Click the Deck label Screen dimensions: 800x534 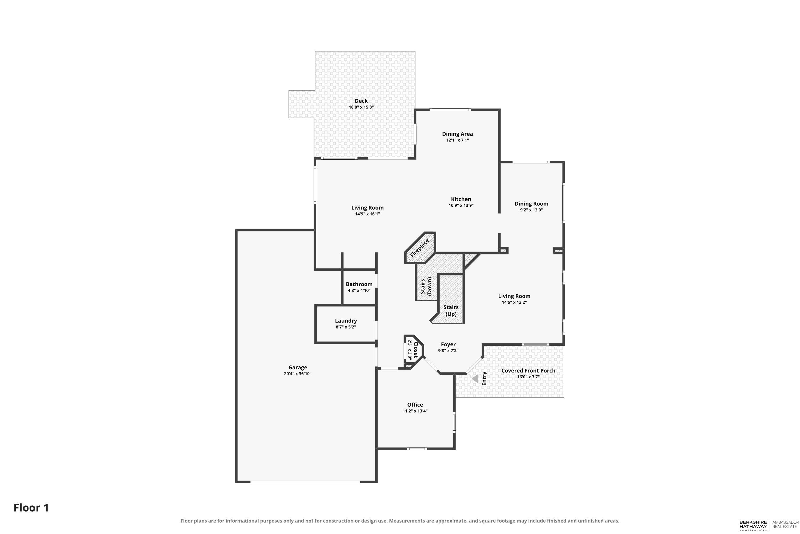click(361, 101)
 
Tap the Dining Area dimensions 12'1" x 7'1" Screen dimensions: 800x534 click(458, 140)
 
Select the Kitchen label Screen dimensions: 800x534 click(461, 199)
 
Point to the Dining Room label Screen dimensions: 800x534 click(531, 204)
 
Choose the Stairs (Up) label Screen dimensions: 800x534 click(451, 311)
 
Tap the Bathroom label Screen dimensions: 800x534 click(359, 284)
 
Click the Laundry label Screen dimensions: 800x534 click(346, 321)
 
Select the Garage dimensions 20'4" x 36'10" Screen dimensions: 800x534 click(298, 374)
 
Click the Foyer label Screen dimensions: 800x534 click(448, 344)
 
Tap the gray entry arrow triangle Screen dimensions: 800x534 click(475, 379)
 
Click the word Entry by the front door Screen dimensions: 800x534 click(484, 378)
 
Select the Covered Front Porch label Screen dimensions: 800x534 click(528, 371)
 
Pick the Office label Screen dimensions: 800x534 click(415, 405)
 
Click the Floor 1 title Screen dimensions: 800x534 click(31, 508)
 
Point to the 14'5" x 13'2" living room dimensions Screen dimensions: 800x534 click(514, 302)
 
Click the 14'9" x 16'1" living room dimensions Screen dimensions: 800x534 click(367, 214)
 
